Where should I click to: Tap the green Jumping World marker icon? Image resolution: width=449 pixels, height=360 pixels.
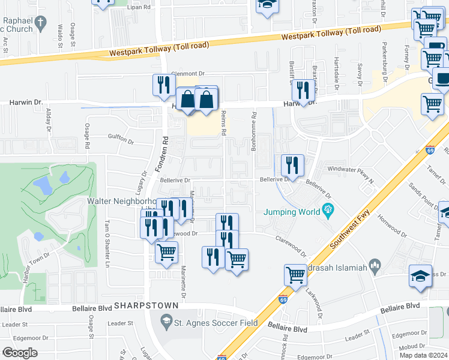point(328,210)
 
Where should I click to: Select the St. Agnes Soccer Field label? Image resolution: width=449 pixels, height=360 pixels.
point(216,323)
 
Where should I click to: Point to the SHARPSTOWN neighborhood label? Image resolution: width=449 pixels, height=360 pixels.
point(146,305)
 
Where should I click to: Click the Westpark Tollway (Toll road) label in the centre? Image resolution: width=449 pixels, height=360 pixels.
point(331,34)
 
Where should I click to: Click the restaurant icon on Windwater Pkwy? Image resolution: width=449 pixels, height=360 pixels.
point(292,164)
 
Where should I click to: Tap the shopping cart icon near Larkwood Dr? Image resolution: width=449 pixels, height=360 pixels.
point(295,275)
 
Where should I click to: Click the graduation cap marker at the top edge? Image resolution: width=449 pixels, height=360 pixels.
point(267,5)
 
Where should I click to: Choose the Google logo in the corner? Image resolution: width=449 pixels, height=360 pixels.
point(20,352)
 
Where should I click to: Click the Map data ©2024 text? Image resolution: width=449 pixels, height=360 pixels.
point(423,355)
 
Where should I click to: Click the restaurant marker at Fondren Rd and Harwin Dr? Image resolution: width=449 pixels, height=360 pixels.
point(163,86)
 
